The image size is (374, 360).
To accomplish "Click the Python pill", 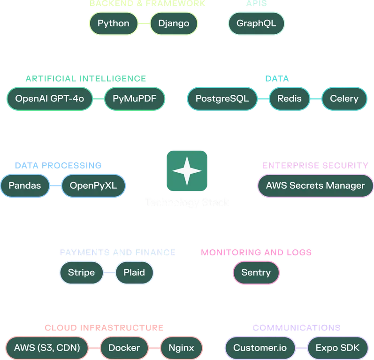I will [x=113, y=23].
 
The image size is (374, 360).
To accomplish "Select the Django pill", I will [x=174, y=23].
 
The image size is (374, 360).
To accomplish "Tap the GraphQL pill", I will [x=256, y=23].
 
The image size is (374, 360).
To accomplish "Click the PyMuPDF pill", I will [x=134, y=99].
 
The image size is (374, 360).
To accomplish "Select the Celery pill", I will [x=344, y=99].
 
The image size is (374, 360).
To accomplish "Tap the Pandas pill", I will [x=24, y=185].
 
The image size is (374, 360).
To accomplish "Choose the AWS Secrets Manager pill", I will [x=315, y=185].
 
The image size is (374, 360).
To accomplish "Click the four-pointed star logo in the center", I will [x=187, y=171].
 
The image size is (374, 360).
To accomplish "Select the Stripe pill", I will [x=81, y=272].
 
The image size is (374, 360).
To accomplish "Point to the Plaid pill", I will [x=134, y=272].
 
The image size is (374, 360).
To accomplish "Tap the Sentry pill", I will [x=256, y=272].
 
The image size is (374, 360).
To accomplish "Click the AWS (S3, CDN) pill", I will [x=47, y=348].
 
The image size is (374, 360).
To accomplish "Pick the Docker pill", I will [x=124, y=348].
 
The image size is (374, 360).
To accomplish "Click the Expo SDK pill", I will [x=337, y=348].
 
